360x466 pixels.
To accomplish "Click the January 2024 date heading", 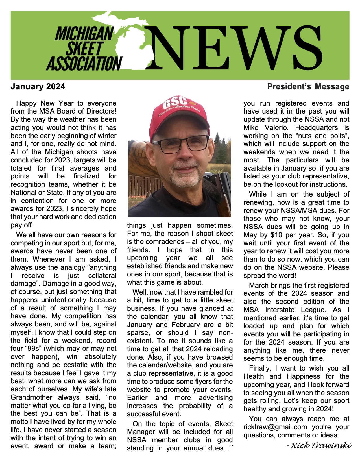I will pyautogui.click(x=38, y=86).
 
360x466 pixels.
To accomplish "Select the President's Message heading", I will pyautogui.click(x=308, y=86).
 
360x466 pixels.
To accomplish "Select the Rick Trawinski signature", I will pyautogui.click(x=319, y=446).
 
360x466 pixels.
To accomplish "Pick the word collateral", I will pyautogui.click(x=102, y=276).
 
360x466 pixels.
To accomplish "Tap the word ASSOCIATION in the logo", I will pyautogui.click(x=84, y=63).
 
